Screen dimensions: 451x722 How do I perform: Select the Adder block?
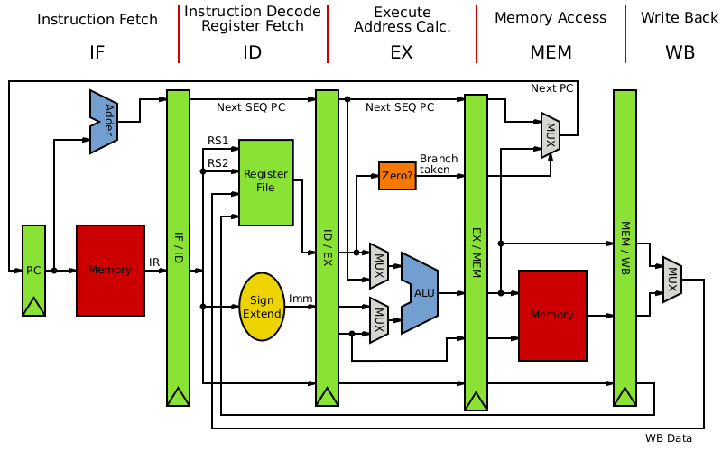104,122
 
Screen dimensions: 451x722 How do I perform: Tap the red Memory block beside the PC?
110,270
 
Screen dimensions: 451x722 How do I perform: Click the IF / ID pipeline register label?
178,247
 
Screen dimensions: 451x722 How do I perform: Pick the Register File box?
265,181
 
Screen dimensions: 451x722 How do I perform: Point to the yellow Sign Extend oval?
262,307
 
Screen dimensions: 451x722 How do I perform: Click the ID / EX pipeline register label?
327,247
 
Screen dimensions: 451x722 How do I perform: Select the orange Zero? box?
397,176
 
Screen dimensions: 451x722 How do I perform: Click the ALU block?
421,293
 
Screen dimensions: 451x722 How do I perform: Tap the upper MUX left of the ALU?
379,266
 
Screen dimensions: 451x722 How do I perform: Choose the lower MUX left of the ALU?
379,320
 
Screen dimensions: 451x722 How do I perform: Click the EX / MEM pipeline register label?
476,252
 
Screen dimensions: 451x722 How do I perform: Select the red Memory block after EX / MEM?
552,315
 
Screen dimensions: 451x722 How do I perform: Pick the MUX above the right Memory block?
550,135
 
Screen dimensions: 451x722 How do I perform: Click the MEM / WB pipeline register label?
625,247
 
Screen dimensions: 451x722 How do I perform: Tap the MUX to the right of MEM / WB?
671,280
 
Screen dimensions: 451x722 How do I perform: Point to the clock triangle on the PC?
33,307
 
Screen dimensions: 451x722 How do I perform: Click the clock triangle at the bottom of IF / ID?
178,397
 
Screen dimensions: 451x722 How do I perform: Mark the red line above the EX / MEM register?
477,33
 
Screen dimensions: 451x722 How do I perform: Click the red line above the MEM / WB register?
625,33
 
